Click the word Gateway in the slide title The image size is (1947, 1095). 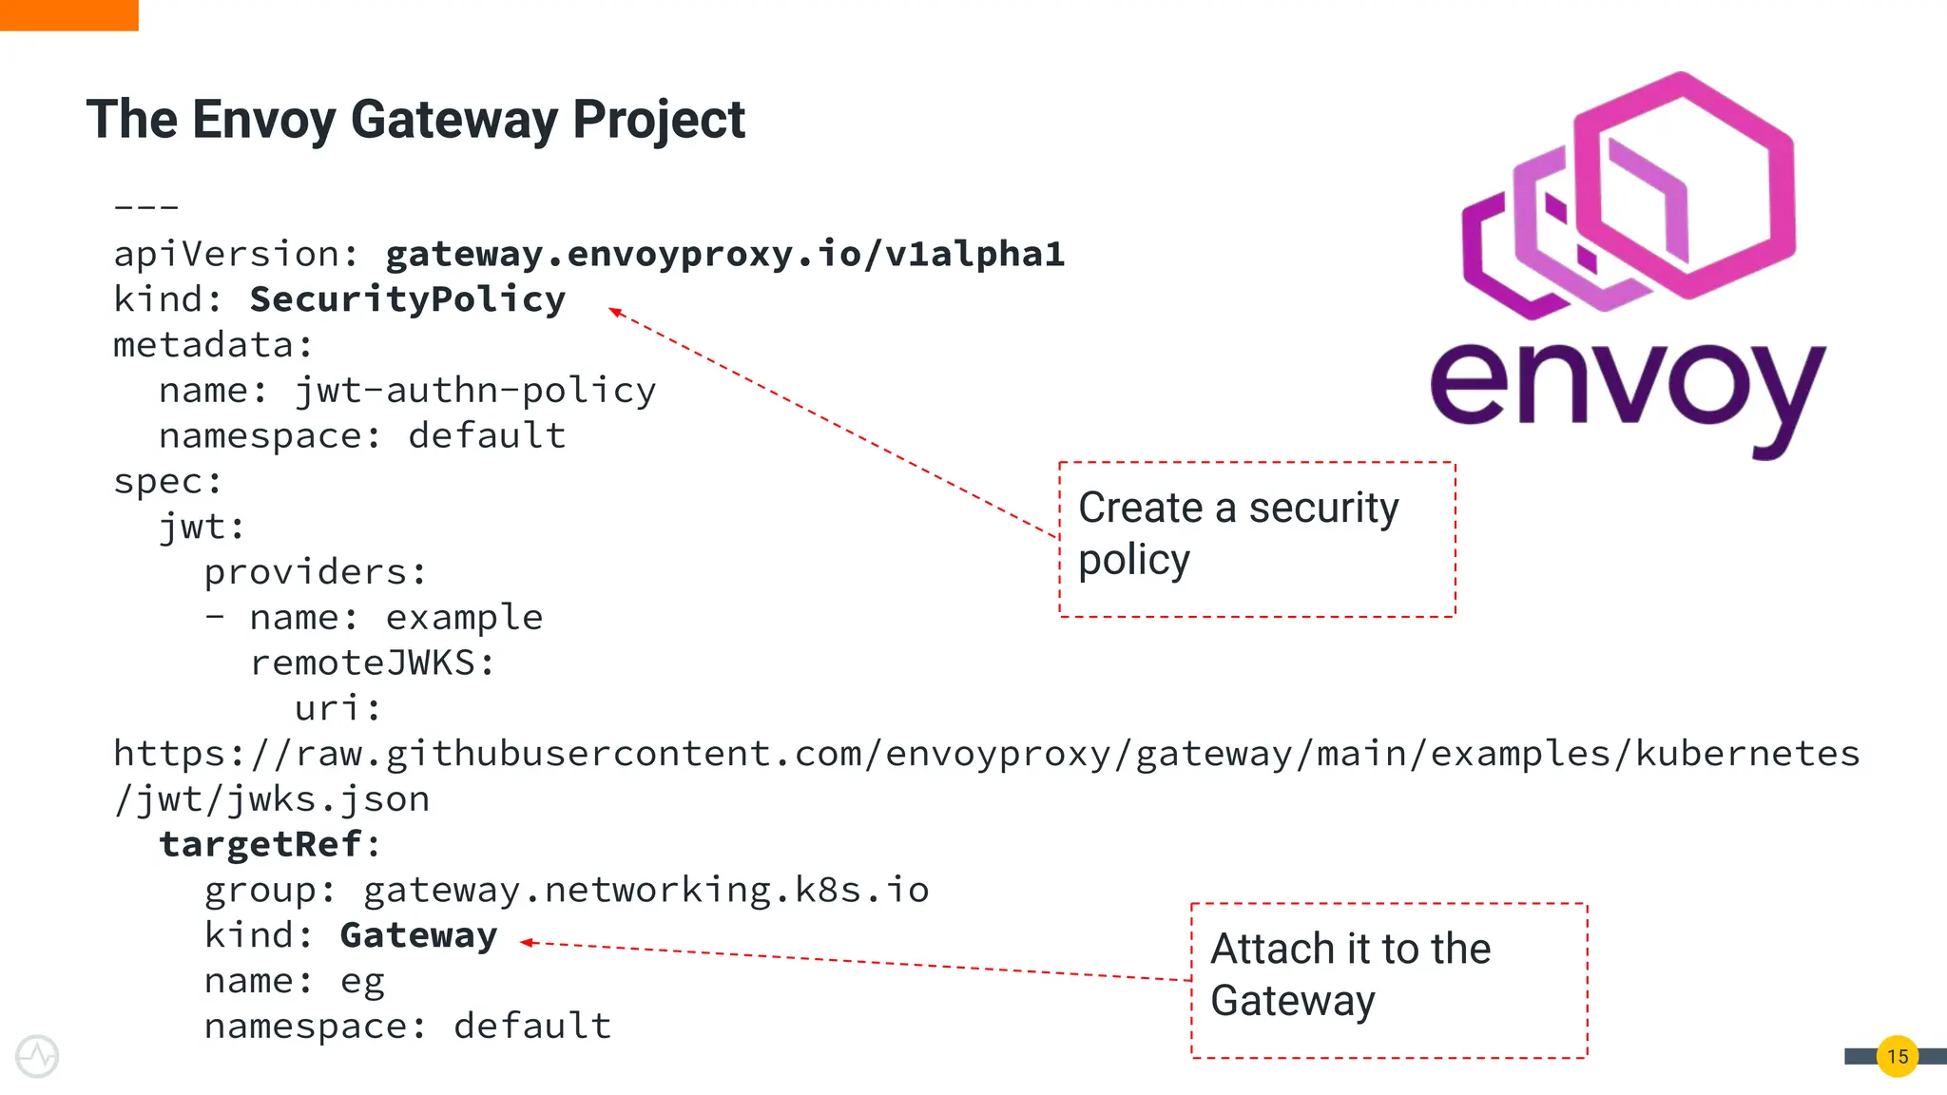453,120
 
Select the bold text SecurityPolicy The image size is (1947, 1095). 407,299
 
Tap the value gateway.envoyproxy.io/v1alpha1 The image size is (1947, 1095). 724,254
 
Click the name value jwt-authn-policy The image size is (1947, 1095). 474,391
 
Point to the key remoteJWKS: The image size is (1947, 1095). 372,663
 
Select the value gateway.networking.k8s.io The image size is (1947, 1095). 646,890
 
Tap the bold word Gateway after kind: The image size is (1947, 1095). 418,935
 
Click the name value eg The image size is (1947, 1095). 362,981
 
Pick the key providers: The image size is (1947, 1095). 315,572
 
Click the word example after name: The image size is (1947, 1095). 464,618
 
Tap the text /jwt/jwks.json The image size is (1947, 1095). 272,799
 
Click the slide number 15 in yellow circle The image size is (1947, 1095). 1897,1056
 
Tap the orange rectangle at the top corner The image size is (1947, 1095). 68,14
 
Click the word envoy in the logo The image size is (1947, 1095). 1627,390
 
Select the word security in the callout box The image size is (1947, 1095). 1323,508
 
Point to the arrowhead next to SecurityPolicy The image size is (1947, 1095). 615,311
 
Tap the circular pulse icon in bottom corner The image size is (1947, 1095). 37,1056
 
